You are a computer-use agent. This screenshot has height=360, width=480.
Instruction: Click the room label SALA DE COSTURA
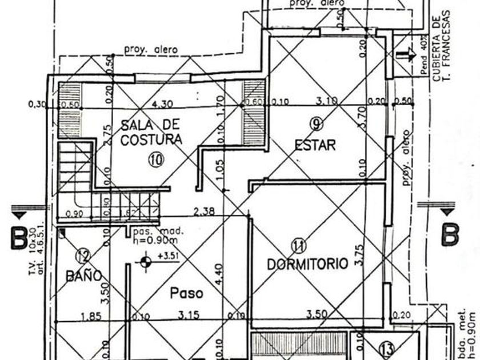[151, 131]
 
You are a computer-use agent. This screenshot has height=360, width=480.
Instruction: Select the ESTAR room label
[315, 146]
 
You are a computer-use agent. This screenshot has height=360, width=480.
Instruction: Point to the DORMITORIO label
[307, 264]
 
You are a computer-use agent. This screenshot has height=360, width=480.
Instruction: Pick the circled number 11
[298, 246]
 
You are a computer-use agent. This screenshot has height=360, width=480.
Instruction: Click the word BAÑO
[84, 276]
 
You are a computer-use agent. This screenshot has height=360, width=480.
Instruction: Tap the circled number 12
[83, 255]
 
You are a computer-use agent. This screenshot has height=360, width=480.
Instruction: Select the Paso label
[187, 293]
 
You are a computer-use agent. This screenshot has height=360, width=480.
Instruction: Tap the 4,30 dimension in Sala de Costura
[162, 105]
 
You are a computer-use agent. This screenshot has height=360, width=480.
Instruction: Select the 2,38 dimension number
[204, 211]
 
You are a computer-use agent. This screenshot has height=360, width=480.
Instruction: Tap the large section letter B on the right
[450, 233]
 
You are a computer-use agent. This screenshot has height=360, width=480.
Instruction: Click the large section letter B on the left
[18, 238]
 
